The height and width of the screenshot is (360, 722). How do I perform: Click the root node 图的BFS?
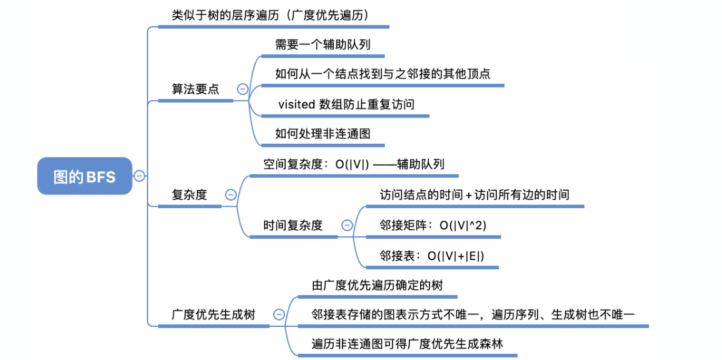pyautogui.click(x=84, y=177)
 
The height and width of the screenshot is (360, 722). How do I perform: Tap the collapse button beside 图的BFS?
pyautogui.click(x=139, y=176)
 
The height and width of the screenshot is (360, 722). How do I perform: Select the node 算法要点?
pyautogui.click(x=196, y=89)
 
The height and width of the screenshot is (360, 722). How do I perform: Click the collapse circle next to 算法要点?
pyautogui.click(x=242, y=89)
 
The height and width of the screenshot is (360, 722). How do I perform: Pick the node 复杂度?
pyautogui.click(x=189, y=194)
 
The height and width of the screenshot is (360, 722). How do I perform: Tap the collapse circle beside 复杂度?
pyautogui.click(x=230, y=194)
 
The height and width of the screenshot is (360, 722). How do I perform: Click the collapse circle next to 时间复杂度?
pyautogui.click(x=346, y=226)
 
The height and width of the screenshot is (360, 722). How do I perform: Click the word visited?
pyautogui.click(x=296, y=104)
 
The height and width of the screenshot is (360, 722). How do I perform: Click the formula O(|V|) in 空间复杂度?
pyautogui.click(x=353, y=164)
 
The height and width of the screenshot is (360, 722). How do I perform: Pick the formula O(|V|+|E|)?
pyautogui.click(x=456, y=256)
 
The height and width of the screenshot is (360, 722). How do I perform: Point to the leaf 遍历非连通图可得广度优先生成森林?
pyautogui.click(x=408, y=343)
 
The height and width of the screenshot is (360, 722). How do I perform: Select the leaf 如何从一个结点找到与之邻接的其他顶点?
pyautogui.click(x=383, y=74)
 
